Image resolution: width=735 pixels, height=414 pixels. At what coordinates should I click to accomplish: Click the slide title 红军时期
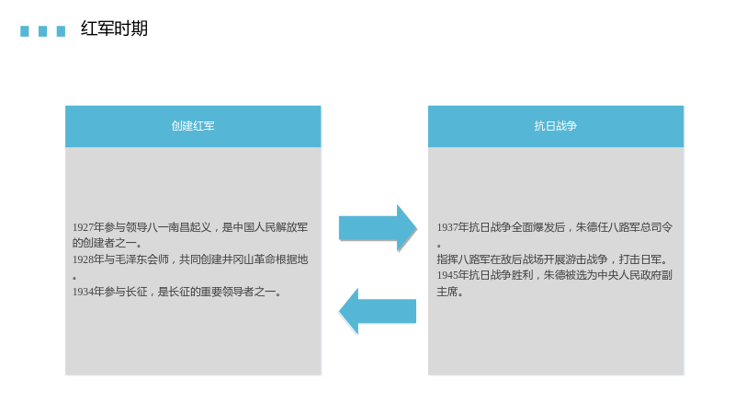[x=114, y=29]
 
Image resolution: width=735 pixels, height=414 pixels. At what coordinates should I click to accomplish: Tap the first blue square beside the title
[x=25, y=31]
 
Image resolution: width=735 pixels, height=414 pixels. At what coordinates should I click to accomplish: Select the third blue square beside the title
[x=61, y=31]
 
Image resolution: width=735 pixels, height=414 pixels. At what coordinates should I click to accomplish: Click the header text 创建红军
[x=193, y=126]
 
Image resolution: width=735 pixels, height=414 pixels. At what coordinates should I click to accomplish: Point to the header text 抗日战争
[x=556, y=126]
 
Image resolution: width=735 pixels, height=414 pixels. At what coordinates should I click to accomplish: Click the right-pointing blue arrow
[x=378, y=228]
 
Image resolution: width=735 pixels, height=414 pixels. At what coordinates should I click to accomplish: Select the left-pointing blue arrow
[x=378, y=311]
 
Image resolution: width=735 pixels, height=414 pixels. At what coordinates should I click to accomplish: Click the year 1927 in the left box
[x=83, y=227]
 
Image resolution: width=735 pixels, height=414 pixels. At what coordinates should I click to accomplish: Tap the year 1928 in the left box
[x=83, y=259]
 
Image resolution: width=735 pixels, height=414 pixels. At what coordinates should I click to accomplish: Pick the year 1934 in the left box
[x=83, y=292]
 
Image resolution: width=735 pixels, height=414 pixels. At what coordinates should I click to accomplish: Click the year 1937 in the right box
[x=447, y=227]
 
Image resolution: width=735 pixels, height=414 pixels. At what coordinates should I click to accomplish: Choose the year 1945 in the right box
[x=447, y=275]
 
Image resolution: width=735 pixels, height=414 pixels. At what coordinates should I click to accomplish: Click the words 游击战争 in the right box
[x=586, y=259]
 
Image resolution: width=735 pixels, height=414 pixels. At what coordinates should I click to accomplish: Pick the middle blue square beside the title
[x=42, y=31]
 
